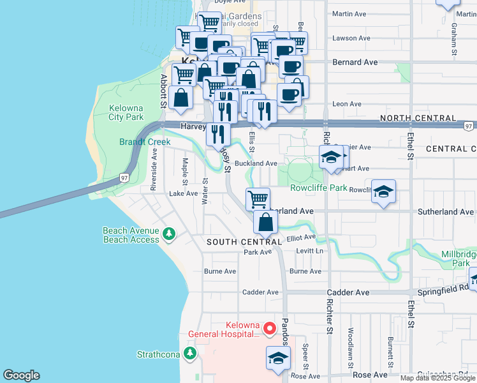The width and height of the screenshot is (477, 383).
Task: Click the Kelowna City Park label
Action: pos(126,112)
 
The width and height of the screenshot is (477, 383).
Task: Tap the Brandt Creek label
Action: pos(140,141)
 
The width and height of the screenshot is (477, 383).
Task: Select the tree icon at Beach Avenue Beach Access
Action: pos(168,234)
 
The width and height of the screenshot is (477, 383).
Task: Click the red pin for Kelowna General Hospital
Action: pos(270,329)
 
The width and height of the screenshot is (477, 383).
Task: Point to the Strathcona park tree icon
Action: pos(189,353)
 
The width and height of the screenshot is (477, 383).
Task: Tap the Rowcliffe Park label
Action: pos(319,188)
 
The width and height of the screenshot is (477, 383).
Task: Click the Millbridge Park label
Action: pos(459,259)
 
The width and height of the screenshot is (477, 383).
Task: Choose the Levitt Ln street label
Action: pos(310,251)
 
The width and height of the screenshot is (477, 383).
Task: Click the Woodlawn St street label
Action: pos(350,348)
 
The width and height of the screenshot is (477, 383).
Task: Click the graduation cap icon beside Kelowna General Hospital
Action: pos(277,360)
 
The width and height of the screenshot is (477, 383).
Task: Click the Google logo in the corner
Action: pos(21,375)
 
